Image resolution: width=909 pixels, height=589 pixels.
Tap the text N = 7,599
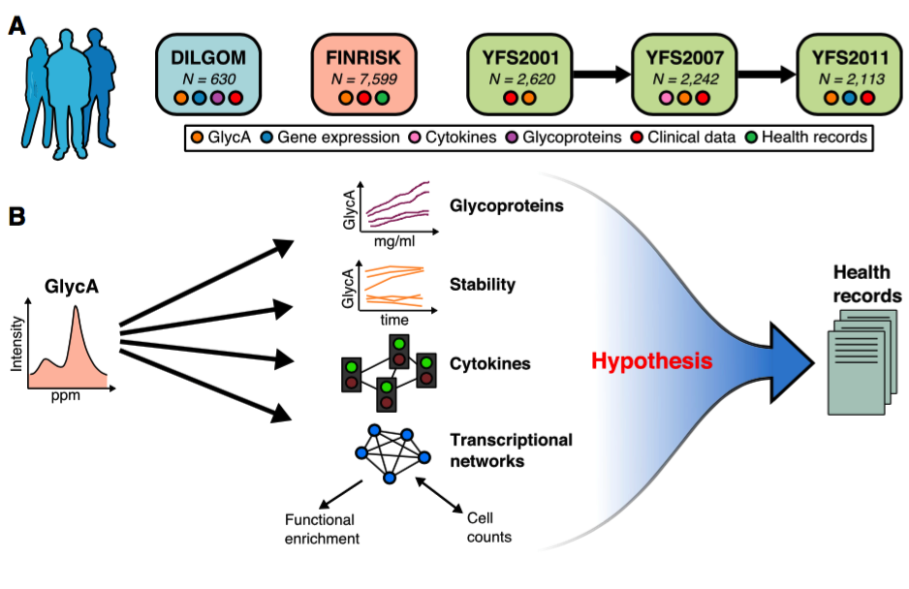(x=364, y=78)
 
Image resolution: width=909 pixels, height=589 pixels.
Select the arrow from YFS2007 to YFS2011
(x=760, y=74)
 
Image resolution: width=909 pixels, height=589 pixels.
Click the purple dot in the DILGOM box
(x=218, y=98)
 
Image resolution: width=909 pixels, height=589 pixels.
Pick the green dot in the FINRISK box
(x=382, y=98)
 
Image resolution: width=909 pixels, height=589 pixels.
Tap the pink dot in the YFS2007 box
(x=666, y=98)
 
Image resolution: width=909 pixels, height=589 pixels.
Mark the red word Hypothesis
(x=651, y=362)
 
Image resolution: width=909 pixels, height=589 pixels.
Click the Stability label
(x=482, y=285)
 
